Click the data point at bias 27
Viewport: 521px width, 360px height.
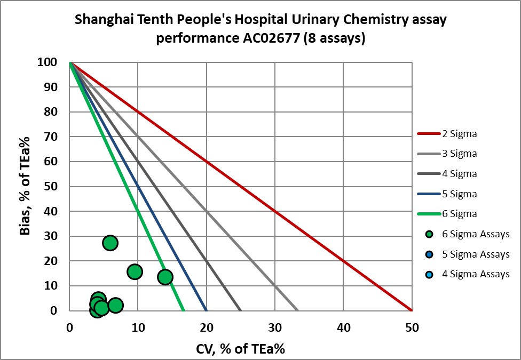point(110,243)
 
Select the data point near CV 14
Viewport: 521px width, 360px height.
point(165,277)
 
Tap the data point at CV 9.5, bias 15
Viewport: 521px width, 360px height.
point(135,271)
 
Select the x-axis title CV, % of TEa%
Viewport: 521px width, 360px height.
point(240,349)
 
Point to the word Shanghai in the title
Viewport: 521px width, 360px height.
point(100,20)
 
